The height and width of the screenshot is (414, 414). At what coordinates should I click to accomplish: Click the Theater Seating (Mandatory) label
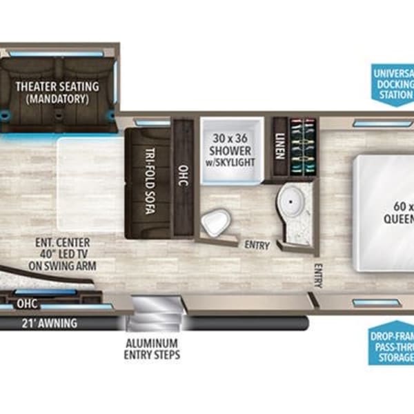[57, 92]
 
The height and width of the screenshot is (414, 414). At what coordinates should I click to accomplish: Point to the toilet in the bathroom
[216, 222]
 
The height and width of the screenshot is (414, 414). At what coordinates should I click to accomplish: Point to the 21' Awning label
[48, 324]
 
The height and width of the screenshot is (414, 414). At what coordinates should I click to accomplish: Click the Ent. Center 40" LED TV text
[67, 254]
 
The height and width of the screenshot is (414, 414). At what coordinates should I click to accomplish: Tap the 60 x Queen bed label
[400, 213]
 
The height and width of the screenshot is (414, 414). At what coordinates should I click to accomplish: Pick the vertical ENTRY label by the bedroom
[318, 276]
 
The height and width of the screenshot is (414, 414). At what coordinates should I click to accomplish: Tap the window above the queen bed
[369, 122]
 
